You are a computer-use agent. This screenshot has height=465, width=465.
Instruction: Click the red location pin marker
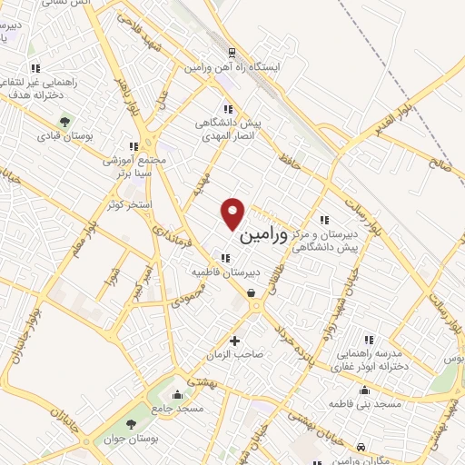click(234, 213)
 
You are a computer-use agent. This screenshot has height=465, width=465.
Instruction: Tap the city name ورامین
click(264, 235)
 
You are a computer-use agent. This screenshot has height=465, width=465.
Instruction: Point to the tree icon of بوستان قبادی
click(64, 121)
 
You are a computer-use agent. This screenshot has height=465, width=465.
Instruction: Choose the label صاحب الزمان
click(235, 355)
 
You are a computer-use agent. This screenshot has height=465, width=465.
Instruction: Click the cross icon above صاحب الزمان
click(235, 341)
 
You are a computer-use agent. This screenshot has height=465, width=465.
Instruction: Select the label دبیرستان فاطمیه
click(224, 272)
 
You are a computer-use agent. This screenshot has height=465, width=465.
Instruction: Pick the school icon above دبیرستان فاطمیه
click(224, 258)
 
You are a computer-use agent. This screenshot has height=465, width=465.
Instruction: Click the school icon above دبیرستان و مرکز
click(324, 219)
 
